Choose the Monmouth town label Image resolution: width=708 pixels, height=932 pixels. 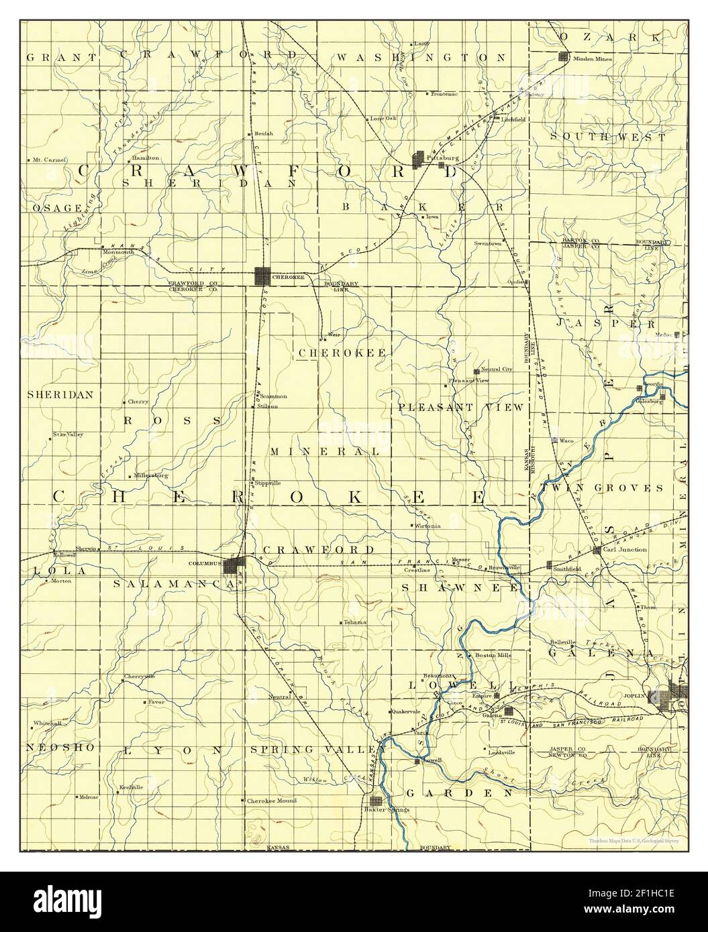118,252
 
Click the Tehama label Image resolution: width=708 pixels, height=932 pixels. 356,622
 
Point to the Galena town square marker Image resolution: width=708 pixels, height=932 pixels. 509,711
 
